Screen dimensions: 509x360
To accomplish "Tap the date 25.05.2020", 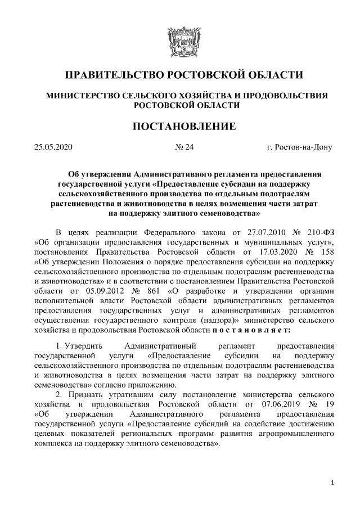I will click(53, 148).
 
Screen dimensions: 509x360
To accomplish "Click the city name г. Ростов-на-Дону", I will click(300, 148).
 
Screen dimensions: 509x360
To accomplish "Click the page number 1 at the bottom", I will click(334, 483).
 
